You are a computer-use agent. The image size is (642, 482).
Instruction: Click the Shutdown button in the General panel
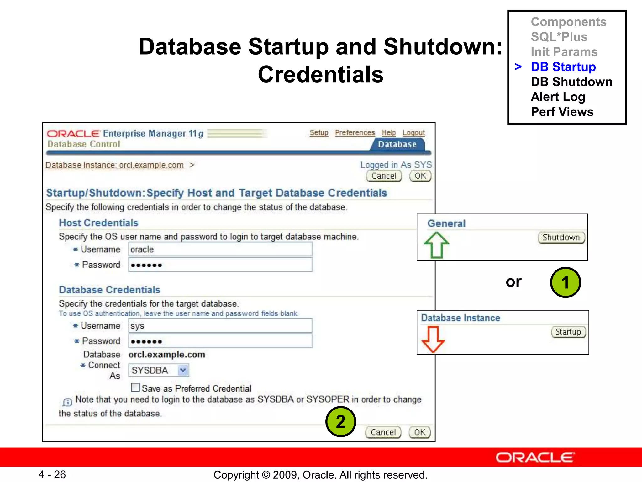(561, 238)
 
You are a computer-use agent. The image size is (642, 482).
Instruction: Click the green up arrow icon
(436, 245)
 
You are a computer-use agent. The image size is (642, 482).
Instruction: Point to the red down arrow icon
(433, 339)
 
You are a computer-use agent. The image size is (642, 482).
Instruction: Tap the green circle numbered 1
(566, 282)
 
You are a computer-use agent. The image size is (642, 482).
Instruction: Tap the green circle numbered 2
(341, 421)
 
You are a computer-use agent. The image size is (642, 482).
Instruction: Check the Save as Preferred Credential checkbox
(135, 388)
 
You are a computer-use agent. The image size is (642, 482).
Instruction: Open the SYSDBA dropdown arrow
(183, 370)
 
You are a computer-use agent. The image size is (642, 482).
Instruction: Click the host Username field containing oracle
(220, 249)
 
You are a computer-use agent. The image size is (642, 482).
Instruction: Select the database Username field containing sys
(220, 326)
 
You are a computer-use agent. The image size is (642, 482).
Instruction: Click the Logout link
(413, 133)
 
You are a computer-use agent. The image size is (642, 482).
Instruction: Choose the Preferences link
(355, 133)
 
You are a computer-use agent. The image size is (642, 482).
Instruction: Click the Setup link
(319, 133)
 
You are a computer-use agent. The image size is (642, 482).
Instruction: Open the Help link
(389, 133)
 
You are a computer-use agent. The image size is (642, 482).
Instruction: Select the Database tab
(397, 144)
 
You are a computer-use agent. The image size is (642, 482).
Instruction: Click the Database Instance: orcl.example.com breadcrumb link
(114, 165)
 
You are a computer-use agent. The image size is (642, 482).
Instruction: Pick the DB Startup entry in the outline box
(563, 67)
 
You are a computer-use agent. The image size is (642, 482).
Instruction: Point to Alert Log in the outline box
(558, 97)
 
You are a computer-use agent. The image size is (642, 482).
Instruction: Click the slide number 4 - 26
(52, 474)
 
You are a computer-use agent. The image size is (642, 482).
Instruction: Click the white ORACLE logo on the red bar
(535, 458)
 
